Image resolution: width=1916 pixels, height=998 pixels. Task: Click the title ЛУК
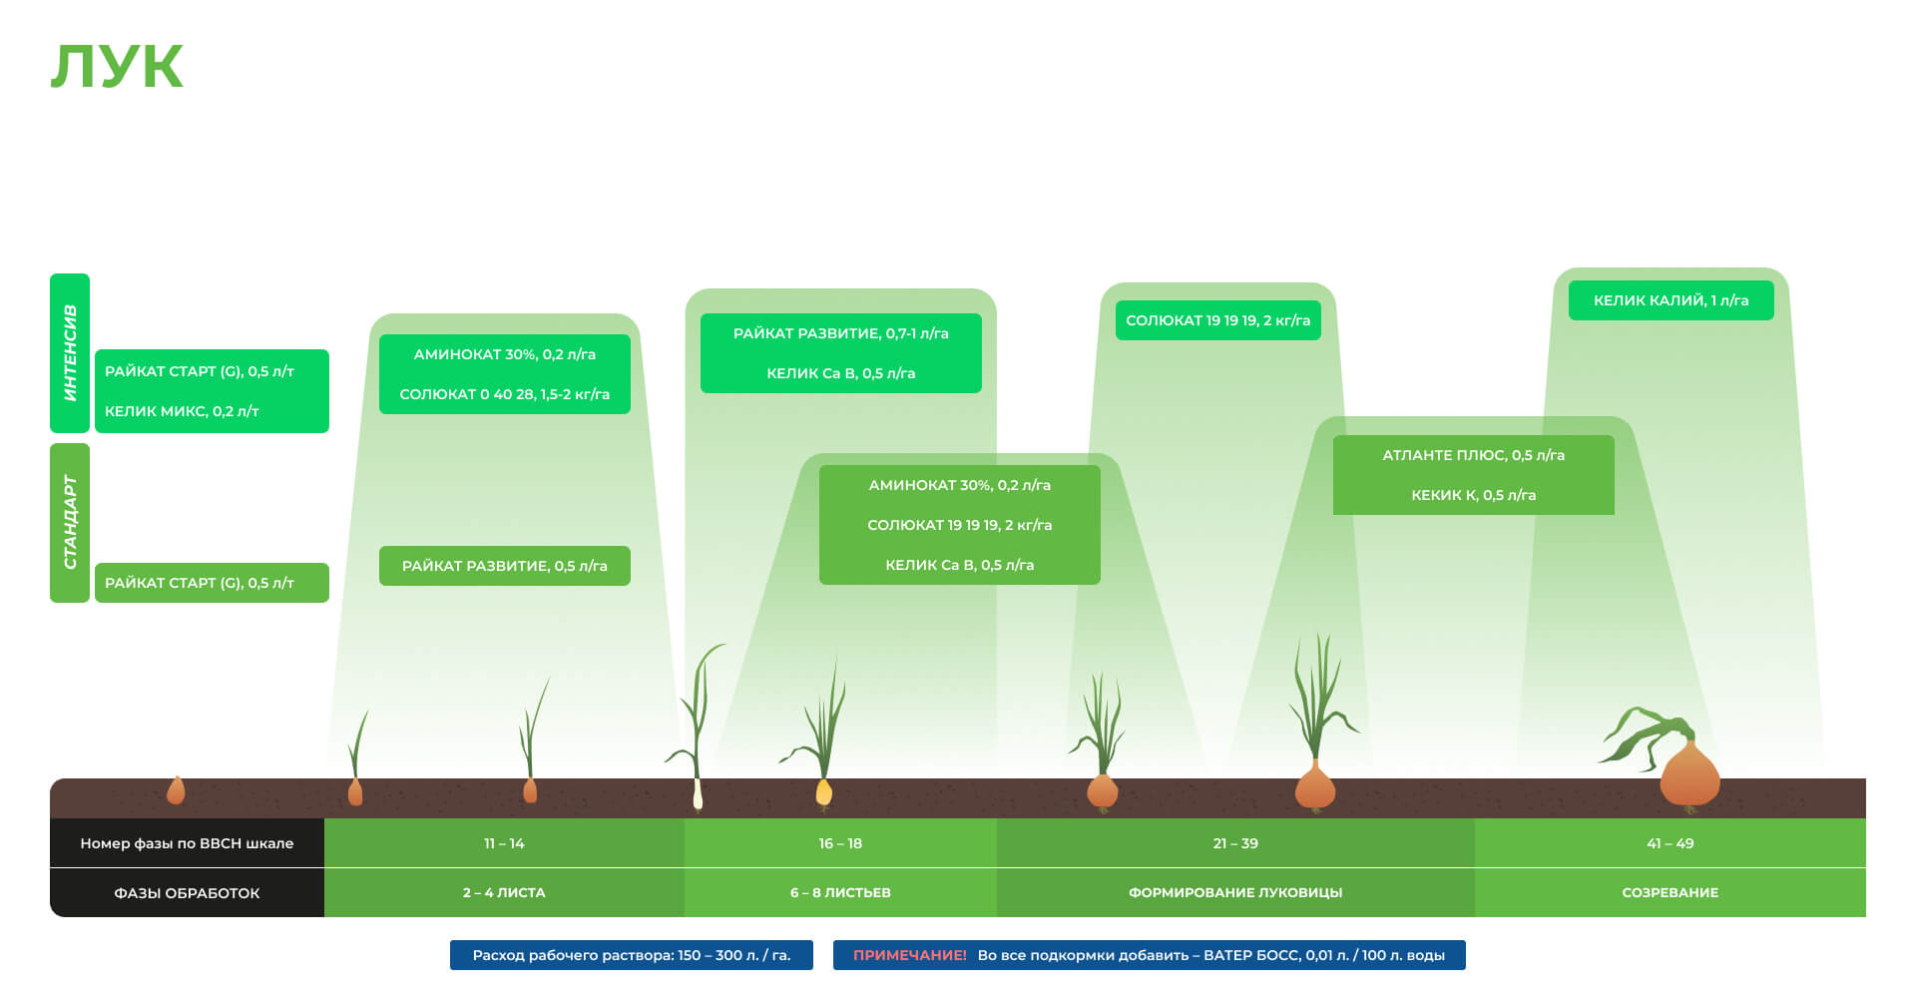click(x=117, y=67)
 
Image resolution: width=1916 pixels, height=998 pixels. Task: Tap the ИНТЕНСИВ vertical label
click(x=70, y=352)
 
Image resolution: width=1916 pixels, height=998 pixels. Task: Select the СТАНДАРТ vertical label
click(x=70, y=522)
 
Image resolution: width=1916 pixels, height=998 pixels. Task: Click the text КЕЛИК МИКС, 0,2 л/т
click(x=182, y=411)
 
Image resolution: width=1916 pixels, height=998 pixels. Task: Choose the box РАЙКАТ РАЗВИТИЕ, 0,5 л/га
click(x=504, y=566)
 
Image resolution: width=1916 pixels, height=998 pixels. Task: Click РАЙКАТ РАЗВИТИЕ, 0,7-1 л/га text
click(x=840, y=333)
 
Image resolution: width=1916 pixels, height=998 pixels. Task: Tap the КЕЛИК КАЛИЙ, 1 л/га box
click(x=1671, y=300)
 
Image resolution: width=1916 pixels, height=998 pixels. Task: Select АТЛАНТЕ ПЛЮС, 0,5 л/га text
click(x=1473, y=455)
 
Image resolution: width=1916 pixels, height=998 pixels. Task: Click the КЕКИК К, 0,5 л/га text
click(x=1473, y=495)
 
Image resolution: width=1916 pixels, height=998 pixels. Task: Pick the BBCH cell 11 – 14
click(x=504, y=843)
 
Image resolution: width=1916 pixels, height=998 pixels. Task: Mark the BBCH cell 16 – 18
click(x=840, y=843)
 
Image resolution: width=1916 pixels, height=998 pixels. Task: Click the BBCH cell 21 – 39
click(x=1235, y=843)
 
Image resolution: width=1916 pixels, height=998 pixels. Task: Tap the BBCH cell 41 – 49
click(x=1671, y=843)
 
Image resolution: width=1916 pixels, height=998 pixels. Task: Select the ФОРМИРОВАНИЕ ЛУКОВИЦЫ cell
click(x=1235, y=892)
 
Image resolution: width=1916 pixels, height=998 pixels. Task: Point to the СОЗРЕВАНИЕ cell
click(x=1671, y=892)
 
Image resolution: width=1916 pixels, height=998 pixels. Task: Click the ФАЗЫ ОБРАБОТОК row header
click(x=187, y=893)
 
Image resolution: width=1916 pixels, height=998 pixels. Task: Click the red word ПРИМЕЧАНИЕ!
click(x=909, y=955)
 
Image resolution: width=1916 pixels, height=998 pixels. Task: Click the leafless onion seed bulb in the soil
click(x=176, y=791)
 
